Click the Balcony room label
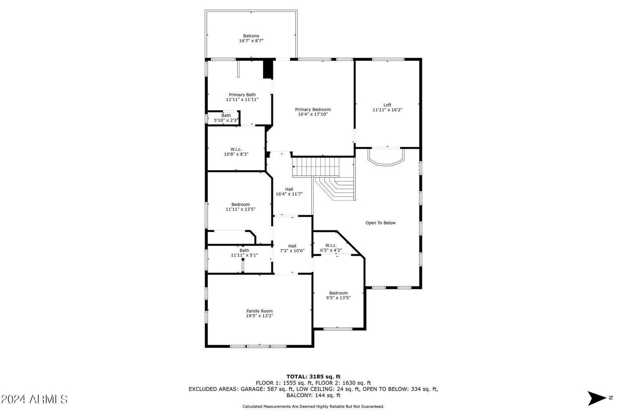(251, 36)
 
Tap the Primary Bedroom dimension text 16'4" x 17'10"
(313, 114)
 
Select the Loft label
(387, 105)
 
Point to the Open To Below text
(381, 223)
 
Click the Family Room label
(259, 311)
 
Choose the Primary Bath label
(242, 94)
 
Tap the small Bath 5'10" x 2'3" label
(226, 118)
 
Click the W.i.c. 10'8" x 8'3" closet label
(236, 152)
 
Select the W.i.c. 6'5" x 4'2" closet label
(331, 248)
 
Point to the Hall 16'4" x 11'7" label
(289, 192)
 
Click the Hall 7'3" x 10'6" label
(292, 248)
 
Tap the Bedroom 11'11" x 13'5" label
(241, 207)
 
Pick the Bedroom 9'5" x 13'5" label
(338, 295)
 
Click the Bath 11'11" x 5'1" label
(244, 253)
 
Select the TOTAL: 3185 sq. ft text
(313, 376)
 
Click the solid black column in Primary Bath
(268, 69)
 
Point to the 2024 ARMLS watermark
(34, 399)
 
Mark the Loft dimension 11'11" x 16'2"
(387, 110)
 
